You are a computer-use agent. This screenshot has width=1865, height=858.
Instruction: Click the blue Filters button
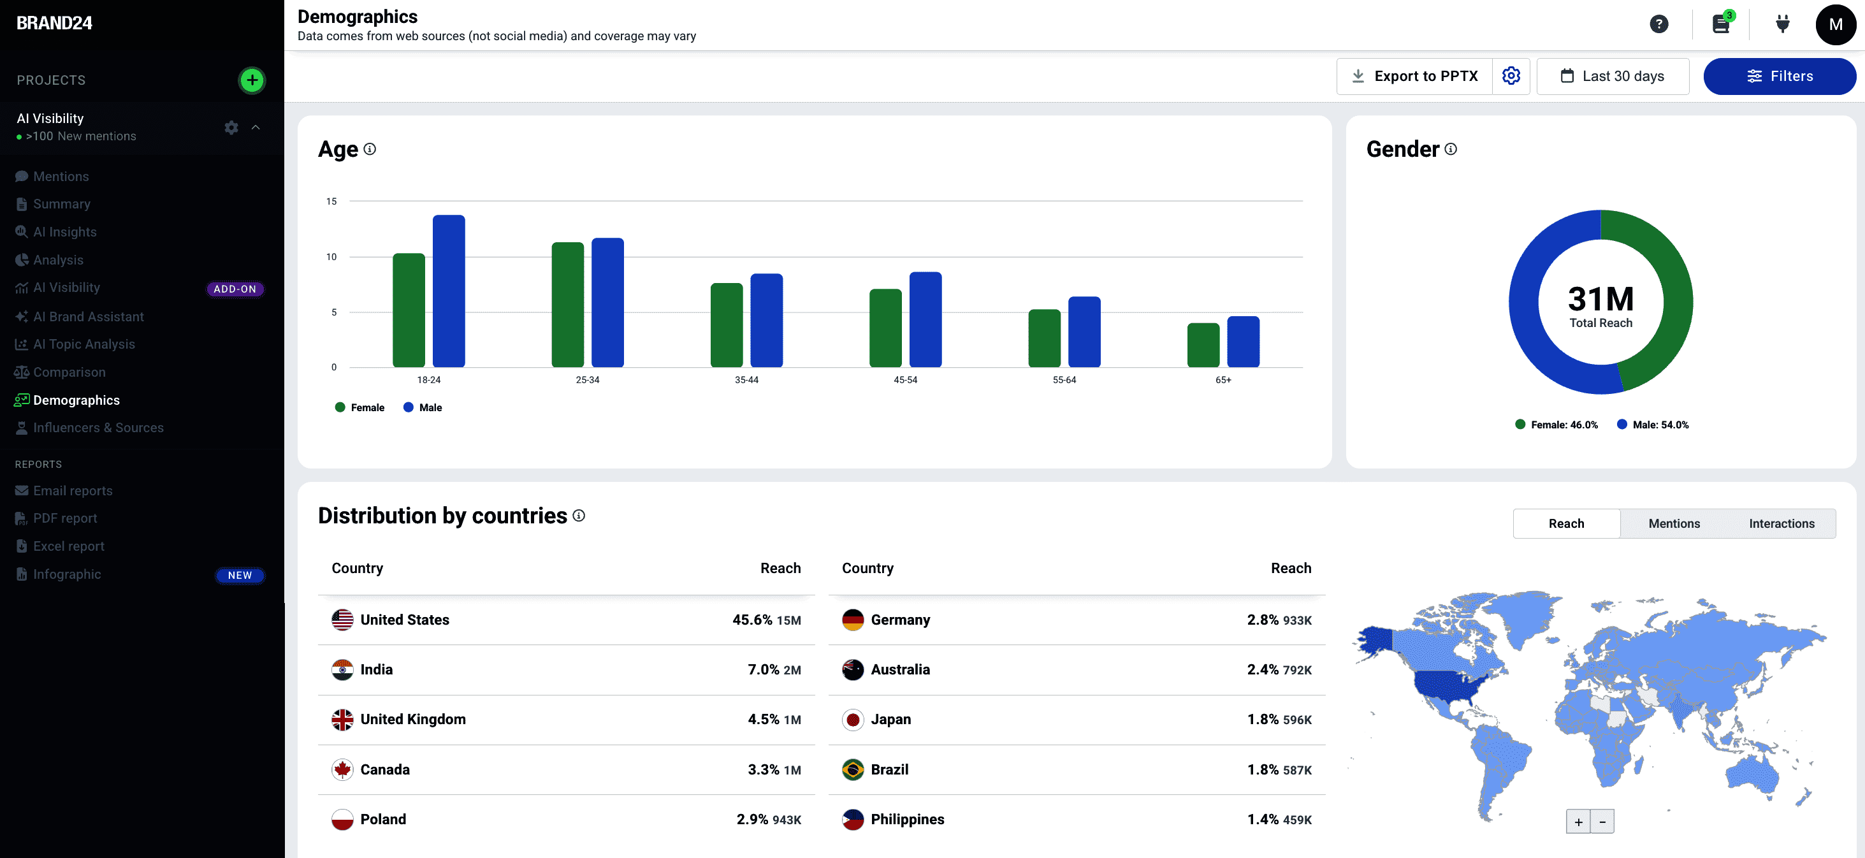pyautogui.click(x=1779, y=76)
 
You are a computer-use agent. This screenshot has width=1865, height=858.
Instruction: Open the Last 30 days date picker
pyautogui.click(x=1613, y=76)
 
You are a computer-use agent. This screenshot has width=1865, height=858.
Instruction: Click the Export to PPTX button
pyautogui.click(x=1414, y=76)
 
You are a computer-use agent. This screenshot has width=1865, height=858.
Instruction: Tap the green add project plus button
pyautogui.click(x=252, y=80)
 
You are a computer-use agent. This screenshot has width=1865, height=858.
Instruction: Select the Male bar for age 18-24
pyautogui.click(x=449, y=291)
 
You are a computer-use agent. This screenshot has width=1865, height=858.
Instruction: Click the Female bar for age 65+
pyautogui.click(x=1203, y=345)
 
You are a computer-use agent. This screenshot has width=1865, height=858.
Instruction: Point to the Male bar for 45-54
pyautogui.click(x=925, y=319)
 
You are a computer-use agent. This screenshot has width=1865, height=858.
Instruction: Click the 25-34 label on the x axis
pyautogui.click(x=587, y=380)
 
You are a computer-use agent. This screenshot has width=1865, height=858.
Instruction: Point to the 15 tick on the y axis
pyautogui.click(x=331, y=201)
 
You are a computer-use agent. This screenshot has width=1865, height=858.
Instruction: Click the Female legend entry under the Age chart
pyautogui.click(x=360, y=407)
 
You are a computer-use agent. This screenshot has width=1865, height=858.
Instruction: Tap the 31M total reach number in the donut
pyautogui.click(x=1600, y=298)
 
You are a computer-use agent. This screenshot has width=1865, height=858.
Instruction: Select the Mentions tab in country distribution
pyautogui.click(x=1674, y=523)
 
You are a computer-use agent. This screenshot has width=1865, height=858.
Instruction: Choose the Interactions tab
pyautogui.click(x=1782, y=523)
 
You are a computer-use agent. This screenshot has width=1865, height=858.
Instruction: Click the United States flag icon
pyautogui.click(x=342, y=620)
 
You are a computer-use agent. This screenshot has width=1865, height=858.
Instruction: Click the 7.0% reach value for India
pyautogui.click(x=763, y=670)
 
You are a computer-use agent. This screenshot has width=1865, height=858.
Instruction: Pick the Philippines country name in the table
pyautogui.click(x=907, y=819)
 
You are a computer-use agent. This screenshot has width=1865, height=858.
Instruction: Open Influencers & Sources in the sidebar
pyautogui.click(x=98, y=428)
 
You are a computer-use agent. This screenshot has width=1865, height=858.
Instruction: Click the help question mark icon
pyautogui.click(x=1658, y=24)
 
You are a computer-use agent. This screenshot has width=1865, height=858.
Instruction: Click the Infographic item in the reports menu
pyautogui.click(x=66, y=574)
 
